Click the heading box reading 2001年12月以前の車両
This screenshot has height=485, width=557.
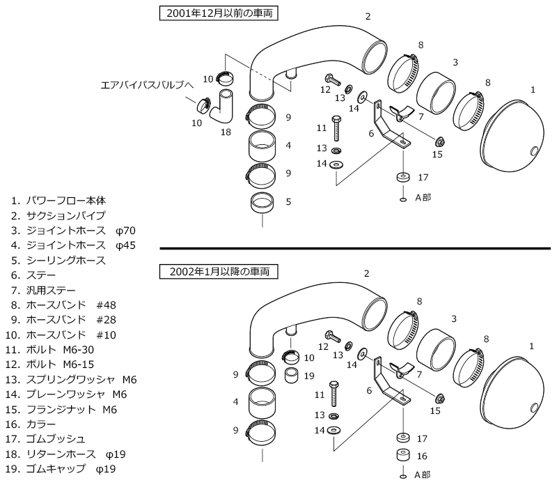coord(219,13)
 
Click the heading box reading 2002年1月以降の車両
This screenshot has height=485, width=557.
coord(219,272)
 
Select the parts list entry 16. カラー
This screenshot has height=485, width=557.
coord(31,424)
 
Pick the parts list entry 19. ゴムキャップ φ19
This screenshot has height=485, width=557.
coord(61,469)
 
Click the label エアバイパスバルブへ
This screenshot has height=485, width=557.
coord(147,85)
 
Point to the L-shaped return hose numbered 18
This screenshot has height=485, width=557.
coord(221,107)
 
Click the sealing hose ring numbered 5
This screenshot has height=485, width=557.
coord(262,203)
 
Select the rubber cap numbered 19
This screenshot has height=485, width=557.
coord(292,376)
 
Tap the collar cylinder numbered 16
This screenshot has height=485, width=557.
coord(403,456)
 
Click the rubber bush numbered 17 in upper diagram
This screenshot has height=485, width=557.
coord(403,177)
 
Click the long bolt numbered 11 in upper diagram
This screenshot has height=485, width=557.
coord(336,128)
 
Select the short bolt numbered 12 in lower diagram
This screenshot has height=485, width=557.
coord(333,337)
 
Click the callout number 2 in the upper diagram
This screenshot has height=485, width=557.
coord(368,16)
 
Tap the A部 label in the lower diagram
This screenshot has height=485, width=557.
coord(423,475)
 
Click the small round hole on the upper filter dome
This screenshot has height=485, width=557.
coord(534,151)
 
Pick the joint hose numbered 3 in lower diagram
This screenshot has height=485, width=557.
coord(436,350)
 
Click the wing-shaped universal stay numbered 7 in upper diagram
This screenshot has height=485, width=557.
coord(402,113)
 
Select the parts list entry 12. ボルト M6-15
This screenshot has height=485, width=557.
coord(49,364)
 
